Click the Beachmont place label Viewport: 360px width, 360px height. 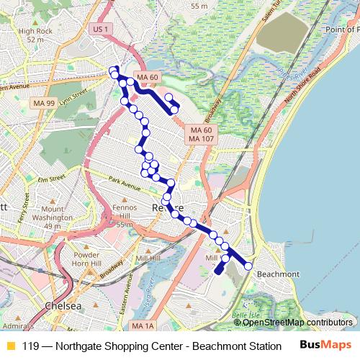pos(277,274)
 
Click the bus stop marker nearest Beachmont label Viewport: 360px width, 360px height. pos(248,266)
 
